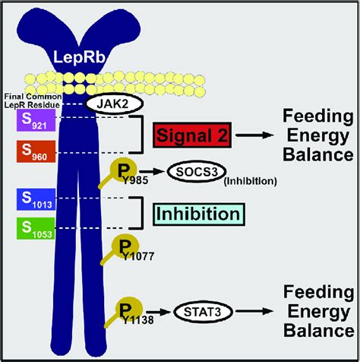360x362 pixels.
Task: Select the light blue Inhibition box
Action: tap(197, 214)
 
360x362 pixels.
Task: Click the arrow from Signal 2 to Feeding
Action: tap(254, 137)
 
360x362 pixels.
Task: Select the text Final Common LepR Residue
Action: tap(30, 97)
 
